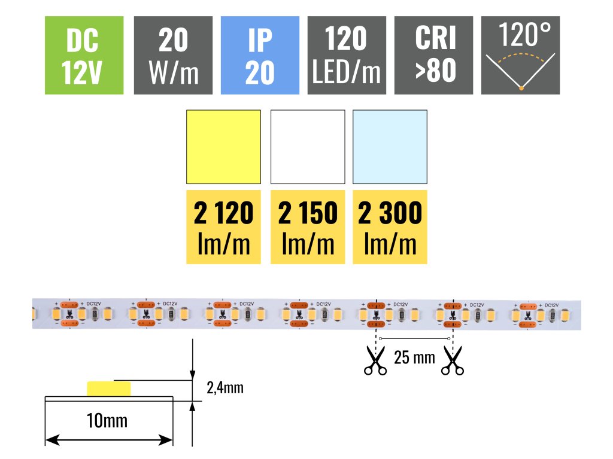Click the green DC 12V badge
click(x=84, y=55)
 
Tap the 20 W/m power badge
click(x=173, y=55)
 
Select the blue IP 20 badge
click(x=260, y=55)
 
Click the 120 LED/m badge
click(x=347, y=55)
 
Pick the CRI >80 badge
click(x=434, y=55)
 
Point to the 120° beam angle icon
click(x=521, y=55)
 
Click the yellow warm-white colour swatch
click(x=224, y=147)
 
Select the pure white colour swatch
click(x=308, y=147)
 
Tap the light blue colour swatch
click(x=390, y=147)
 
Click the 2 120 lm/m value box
click(x=224, y=227)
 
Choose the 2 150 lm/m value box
click(x=308, y=227)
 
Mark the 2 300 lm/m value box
click(x=390, y=227)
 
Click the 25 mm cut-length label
click(x=414, y=358)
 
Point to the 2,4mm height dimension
click(x=224, y=388)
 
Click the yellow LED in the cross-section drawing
click(x=109, y=388)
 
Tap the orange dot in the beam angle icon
click(x=521, y=89)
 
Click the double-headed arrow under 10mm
click(x=109, y=440)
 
